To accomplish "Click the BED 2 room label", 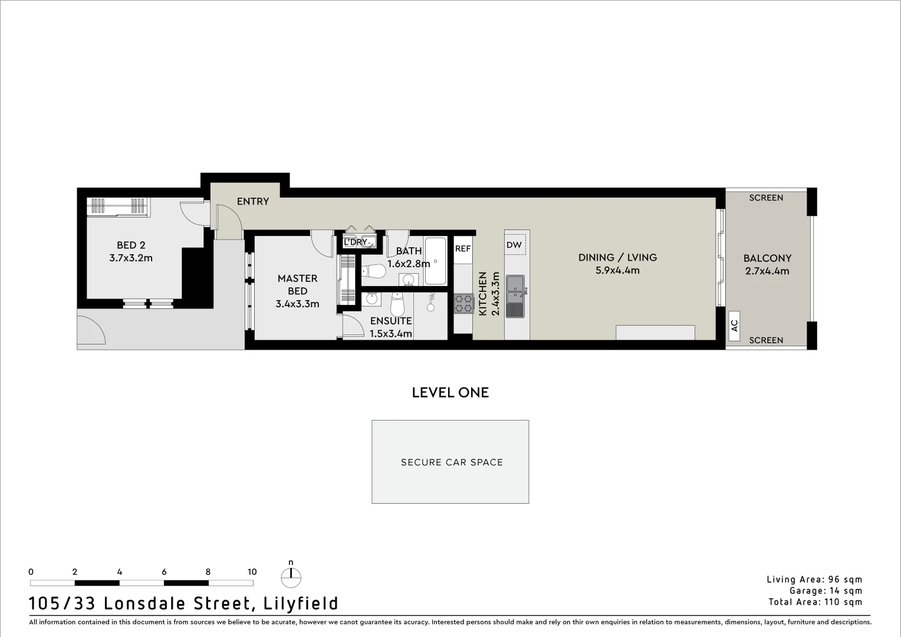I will pos(131,245).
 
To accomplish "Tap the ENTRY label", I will pos(253,202).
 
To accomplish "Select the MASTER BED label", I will pos(297,284).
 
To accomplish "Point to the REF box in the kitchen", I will pos(463,249).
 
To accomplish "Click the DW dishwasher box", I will pos(514,245).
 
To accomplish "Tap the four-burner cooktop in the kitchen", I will pos(463,303).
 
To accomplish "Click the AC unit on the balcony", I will pos(735,325).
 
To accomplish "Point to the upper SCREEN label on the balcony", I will pos(766,198).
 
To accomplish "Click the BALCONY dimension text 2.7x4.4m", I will pos(767,271).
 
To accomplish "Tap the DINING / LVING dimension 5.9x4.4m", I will pos(617,271).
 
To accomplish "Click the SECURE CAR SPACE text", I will pos(452,462).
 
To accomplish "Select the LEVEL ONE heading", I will pos(450,393).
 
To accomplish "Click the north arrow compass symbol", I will pos(291,577).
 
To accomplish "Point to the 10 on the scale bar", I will pos(252,572).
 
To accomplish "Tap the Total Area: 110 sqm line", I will pos(815,602).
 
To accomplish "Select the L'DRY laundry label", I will pos(355,242).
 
